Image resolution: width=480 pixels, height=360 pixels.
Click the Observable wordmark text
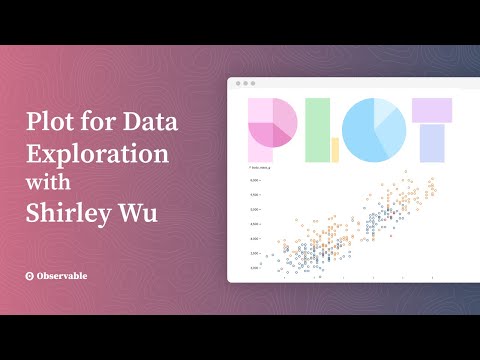pyautogui.click(x=71, y=275)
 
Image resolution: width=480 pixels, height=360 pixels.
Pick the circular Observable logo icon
pyautogui.click(x=32, y=275)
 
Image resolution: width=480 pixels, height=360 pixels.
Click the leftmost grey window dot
pyautogui.click(x=236, y=83)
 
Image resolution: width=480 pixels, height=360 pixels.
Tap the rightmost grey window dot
pyautogui.click(x=253, y=83)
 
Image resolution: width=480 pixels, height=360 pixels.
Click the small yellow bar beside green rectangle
pyautogui.click(x=335, y=150)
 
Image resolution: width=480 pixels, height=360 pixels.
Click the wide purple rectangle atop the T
pyautogui.click(x=432, y=110)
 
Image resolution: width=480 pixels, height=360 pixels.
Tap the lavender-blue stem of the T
pyautogui.click(x=432, y=143)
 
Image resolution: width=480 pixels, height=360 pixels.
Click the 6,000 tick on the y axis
pyautogui.click(x=256, y=180)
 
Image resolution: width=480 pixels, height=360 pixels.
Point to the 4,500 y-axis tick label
pyautogui.click(x=256, y=224)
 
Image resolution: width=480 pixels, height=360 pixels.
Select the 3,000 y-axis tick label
pyautogui.click(x=256, y=267)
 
